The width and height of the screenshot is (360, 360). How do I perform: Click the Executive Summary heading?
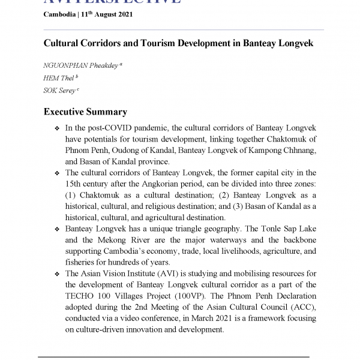85,112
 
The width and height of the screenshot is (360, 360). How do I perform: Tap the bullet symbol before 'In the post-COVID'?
56,129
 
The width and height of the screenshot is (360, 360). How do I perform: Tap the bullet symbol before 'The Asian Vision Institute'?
56,274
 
